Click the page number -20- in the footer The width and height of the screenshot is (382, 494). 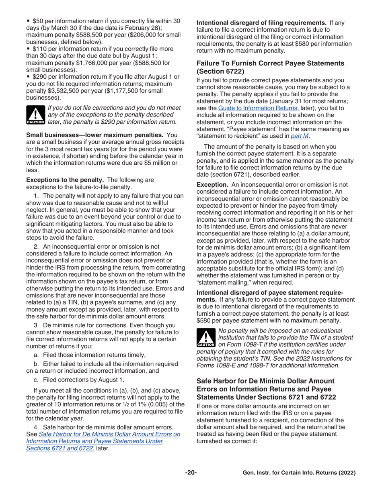[x=191, y=473]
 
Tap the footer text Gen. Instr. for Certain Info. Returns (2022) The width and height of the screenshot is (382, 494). [x=299, y=473]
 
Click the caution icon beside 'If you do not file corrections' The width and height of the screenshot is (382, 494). [x=35, y=114]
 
